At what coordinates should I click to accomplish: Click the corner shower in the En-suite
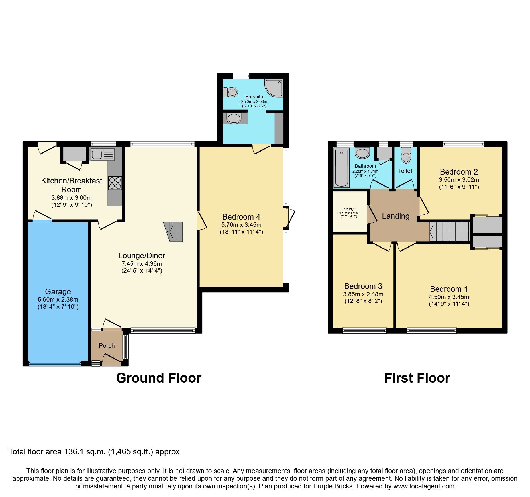(x=274, y=88)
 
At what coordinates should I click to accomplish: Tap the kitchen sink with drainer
(x=102, y=154)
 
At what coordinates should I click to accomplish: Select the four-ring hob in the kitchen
(x=115, y=183)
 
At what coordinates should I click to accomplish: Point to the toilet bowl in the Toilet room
(x=406, y=156)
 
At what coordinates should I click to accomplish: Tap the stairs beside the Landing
(x=450, y=232)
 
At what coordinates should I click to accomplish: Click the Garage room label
(x=58, y=291)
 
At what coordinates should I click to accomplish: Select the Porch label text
(x=107, y=345)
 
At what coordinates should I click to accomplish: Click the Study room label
(x=349, y=209)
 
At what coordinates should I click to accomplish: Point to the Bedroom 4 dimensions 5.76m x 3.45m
(x=241, y=224)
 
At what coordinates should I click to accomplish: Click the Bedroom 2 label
(x=458, y=172)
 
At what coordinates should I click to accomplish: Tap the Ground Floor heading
(x=159, y=378)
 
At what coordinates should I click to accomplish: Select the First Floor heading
(x=417, y=378)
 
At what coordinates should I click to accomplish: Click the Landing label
(x=396, y=216)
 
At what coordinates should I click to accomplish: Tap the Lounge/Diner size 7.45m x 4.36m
(x=142, y=264)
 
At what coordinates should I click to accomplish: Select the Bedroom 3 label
(x=363, y=286)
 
